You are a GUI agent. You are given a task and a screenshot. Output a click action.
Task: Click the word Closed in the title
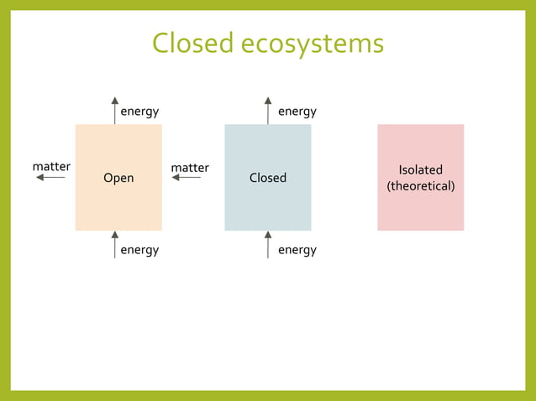(192, 43)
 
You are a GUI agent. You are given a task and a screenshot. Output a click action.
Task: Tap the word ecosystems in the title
(313, 43)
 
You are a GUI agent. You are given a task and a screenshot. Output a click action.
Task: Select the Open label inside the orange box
(118, 178)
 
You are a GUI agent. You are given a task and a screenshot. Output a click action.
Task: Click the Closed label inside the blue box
(268, 178)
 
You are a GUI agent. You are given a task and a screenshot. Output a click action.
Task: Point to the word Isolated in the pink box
(420, 170)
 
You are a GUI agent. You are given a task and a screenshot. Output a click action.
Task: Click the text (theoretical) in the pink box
(420, 185)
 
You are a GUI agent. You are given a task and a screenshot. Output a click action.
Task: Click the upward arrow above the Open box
(115, 111)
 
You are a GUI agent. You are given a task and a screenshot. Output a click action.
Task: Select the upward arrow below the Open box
(115, 244)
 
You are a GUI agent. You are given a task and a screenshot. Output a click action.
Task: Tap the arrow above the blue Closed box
(268, 111)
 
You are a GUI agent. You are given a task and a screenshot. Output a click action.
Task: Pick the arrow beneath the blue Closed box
(268, 244)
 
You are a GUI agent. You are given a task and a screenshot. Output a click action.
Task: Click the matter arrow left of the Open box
(50, 178)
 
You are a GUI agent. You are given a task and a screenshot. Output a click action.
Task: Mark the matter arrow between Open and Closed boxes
(187, 178)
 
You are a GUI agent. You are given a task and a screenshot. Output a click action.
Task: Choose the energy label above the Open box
(139, 112)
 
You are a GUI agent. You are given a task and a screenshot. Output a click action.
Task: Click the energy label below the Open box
(139, 250)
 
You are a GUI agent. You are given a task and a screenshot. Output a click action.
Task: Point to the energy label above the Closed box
(297, 112)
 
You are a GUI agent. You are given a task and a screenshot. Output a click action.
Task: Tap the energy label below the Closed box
(297, 250)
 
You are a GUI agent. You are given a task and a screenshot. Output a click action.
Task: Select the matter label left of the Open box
(51, 167)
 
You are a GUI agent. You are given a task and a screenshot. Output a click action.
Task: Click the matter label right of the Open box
(190, 168)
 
